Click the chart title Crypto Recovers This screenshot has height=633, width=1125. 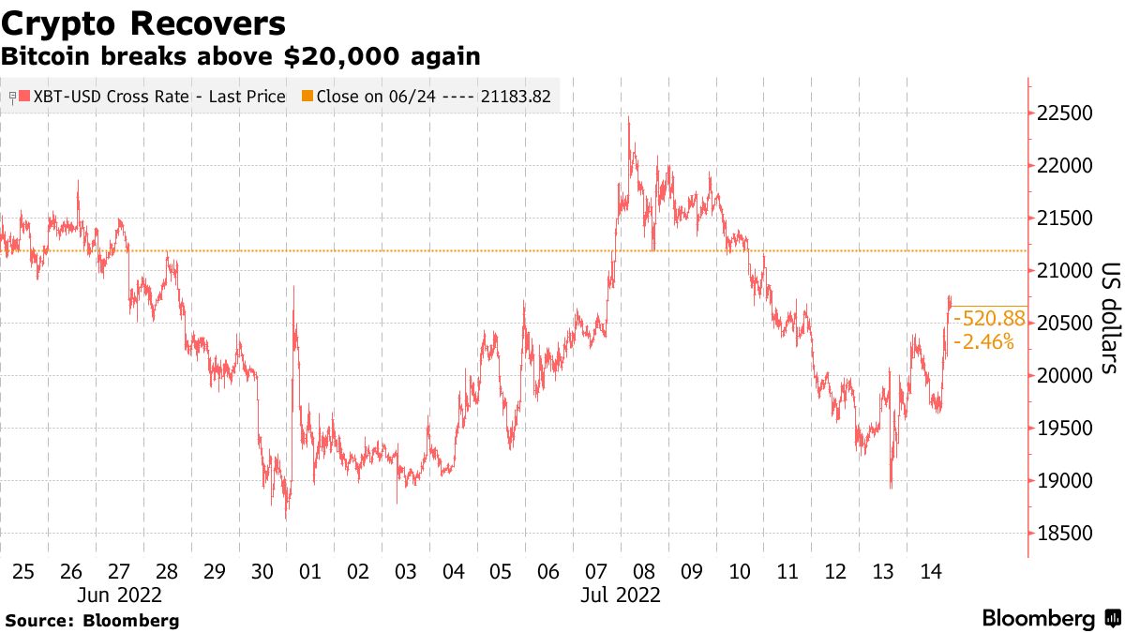click(143, 22)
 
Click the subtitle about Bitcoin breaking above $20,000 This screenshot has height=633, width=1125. click(241, 56)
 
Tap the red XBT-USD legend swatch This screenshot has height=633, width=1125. click(24, 97)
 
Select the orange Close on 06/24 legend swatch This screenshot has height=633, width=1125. click(307, 97)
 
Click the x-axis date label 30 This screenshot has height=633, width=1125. click(262, 571)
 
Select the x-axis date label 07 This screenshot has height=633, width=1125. click(596, 571)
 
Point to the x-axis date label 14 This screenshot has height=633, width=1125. click(930, 571)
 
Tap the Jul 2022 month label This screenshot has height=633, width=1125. click(621, 595)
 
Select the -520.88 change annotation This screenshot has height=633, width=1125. click(984, 320)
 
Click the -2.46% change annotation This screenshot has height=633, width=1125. click(983, 342)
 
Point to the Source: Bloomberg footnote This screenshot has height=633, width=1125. click(92, 620)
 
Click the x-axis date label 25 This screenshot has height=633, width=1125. click(24, 571)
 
